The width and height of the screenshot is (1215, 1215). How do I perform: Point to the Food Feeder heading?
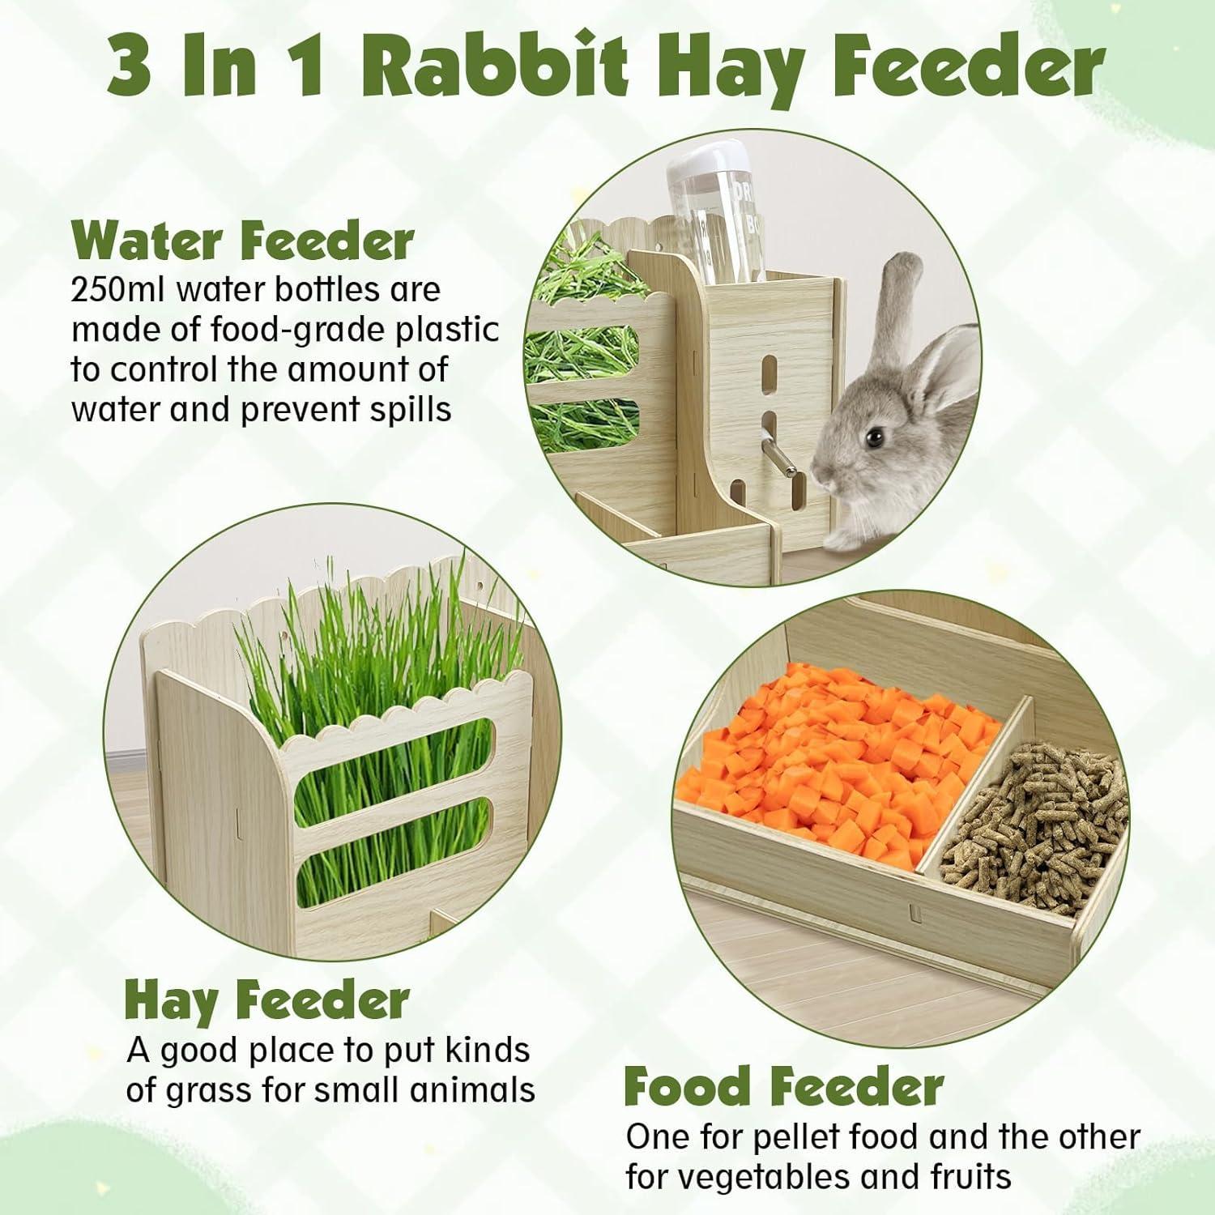[783, 1088]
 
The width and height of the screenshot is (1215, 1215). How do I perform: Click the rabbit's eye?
[873, 437]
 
